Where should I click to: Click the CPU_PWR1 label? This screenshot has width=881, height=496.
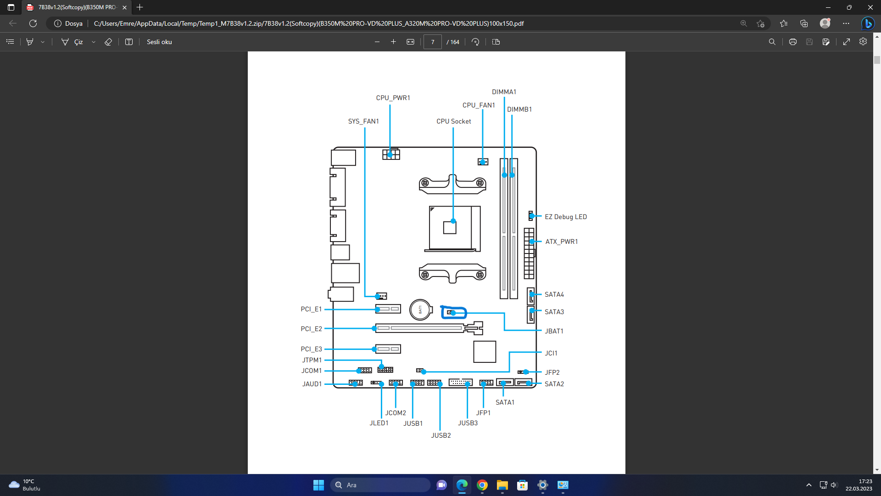393,98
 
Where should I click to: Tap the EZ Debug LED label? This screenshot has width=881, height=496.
566,217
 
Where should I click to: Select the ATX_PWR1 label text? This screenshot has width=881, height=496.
562,242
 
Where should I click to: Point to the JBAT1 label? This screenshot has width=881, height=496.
554,331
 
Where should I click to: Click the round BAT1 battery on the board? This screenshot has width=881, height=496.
420,310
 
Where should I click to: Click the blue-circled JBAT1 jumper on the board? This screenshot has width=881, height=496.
453,313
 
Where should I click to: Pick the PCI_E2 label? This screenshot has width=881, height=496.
311,329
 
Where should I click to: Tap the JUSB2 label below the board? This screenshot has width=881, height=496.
441,435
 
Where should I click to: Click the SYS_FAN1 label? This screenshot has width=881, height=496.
363,121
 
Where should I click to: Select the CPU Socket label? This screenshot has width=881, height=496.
454,121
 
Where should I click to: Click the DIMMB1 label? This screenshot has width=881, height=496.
519,109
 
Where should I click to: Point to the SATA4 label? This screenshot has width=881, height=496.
554,294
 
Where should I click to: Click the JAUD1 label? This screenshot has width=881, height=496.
312,384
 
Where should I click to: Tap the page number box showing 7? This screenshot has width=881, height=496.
432,42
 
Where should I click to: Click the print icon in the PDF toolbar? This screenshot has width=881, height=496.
792,42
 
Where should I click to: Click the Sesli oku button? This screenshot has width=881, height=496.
159,42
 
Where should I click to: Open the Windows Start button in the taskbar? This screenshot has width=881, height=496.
318,485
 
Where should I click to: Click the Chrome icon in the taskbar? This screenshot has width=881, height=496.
482,485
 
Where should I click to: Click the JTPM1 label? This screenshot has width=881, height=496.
312,360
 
